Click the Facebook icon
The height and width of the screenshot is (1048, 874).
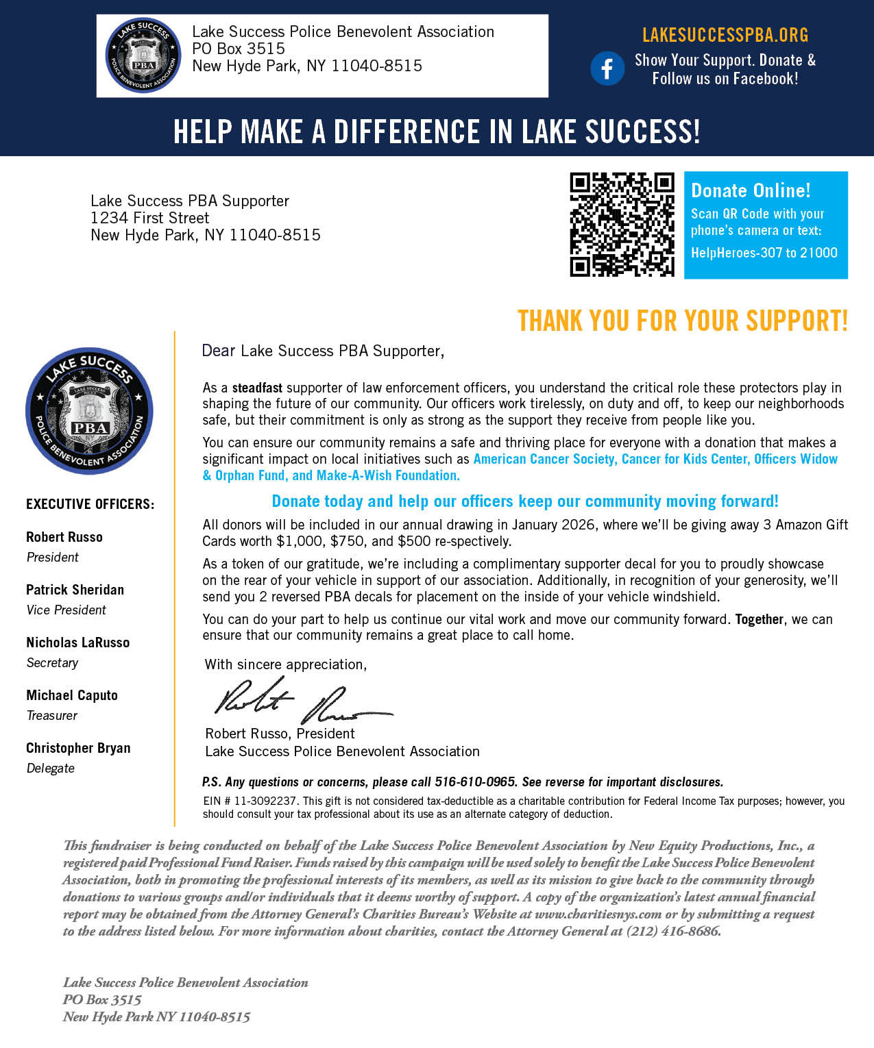tap(607, 68)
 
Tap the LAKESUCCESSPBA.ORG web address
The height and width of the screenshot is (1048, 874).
tap(725, 35)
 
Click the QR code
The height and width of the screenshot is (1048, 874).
tap(622, 225)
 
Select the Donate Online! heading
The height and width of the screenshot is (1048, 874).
tap(751, 190)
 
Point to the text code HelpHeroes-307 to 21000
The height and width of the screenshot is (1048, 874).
tap(764, 253)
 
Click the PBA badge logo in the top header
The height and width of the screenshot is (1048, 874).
tap(143, 56)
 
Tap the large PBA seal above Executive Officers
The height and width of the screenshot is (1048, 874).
tap(89, 411)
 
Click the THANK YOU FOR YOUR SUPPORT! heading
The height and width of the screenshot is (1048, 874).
tap(682, 321)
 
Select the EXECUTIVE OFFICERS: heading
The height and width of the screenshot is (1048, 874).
tap(90, 504)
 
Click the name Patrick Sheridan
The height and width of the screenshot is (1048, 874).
tap(75, 590)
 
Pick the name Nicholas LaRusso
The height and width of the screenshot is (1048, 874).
tap(78, 642)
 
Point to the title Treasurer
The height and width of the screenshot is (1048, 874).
tap(52, 715)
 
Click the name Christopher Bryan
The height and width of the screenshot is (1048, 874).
tap(78, 748)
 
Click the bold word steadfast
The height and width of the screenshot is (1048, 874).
tap(257, 388)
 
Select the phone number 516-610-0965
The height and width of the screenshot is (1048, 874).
tap(475, 782)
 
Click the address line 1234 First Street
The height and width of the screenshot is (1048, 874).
tap(149, 218)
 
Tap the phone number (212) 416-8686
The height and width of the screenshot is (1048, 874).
tap(673, 931)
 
